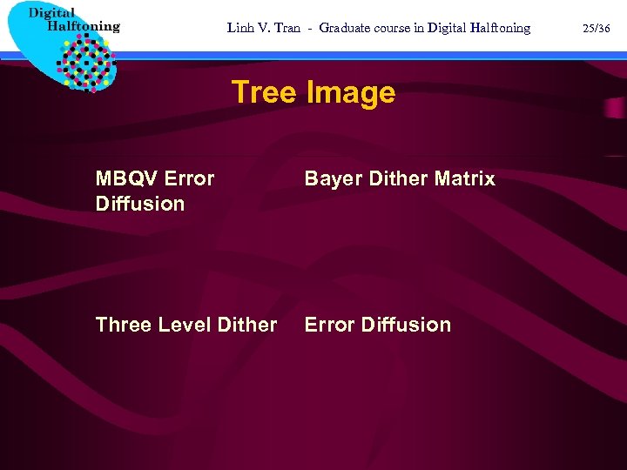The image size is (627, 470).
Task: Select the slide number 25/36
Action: [596, 28]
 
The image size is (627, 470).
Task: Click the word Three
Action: [123, 325]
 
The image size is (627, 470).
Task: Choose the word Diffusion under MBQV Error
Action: [140, 204]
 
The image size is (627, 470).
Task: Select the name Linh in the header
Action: [241, 28]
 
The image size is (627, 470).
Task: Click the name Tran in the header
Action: [287, 28]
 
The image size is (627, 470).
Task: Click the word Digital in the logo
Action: [51, 12]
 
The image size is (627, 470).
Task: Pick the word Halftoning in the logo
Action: [84, 26]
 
